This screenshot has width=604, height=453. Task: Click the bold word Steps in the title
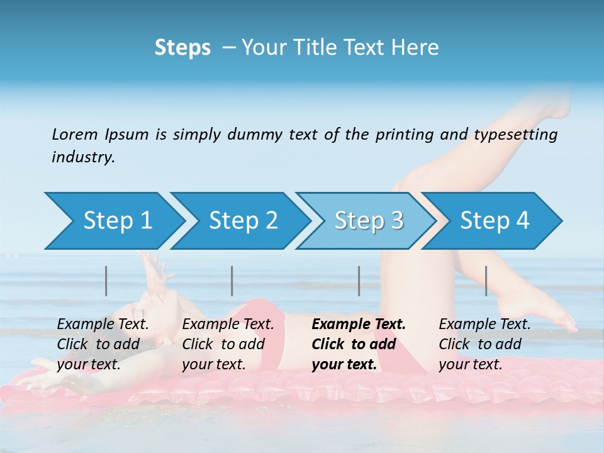[182, 48]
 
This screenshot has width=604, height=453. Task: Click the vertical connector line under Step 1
[106, 281]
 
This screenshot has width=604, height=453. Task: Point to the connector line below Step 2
[232, 281]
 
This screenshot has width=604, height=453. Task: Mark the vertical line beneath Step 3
[359, 281]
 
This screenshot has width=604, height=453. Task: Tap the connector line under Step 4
[486, 281]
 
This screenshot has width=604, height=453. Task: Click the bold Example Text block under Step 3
[359, 344]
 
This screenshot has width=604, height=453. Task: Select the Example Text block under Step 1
[103, 344]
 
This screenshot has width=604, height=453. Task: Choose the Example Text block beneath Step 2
[228, 344]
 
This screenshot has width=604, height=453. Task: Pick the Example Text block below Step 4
[484, 344]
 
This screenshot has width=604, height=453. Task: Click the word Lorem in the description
[74, 134]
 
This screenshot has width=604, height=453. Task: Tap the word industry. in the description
[84, 157]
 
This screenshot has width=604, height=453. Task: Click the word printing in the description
[396, 135]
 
